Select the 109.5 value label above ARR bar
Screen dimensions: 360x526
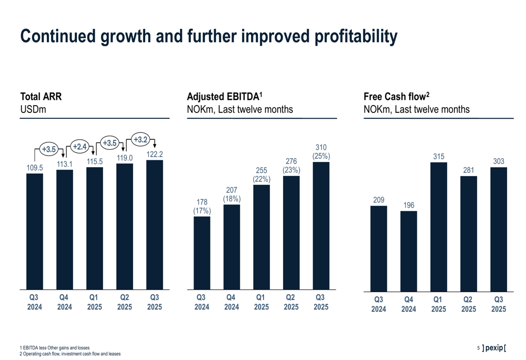coord(35,168)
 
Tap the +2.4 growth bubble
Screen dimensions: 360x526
coord(79,147)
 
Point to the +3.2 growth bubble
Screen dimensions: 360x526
coord(140,139)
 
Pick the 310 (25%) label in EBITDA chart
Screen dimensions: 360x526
coord(321,151)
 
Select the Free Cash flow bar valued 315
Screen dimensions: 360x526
coord(439,226)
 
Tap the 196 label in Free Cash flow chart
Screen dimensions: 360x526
coord(409,204)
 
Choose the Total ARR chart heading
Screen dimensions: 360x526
coord(41,97)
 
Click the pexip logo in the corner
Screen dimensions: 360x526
coord(494,348)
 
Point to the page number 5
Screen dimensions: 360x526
coord(478,348)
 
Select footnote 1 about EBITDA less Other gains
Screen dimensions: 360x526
coord(55,348)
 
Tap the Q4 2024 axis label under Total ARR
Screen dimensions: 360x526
coord(65,302)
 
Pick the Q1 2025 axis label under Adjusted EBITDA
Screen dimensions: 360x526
coord(261,302)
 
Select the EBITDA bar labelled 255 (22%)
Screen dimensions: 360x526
coord(261,237)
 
